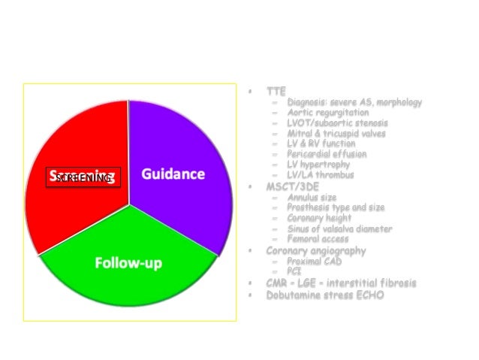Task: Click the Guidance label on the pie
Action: coord(173,174)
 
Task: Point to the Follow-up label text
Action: coord(128,263)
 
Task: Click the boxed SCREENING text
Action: coord(83,177)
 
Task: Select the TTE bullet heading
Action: coord(276,91)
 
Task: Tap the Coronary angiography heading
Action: coord(316,250)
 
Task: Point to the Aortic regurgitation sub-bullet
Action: coord(327,113)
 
